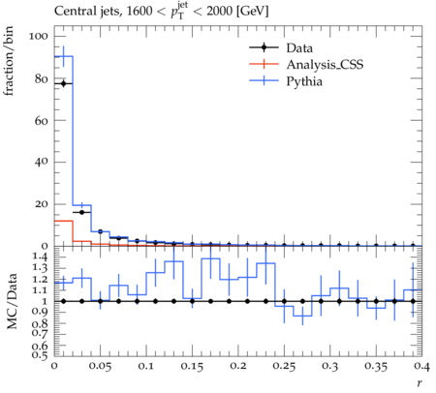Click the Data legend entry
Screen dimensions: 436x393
[x=281, y=47]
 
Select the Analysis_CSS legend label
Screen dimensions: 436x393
[x=325, y=65]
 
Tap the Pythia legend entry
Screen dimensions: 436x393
[x=286, y=81]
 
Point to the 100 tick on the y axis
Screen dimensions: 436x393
[x=38, y=36]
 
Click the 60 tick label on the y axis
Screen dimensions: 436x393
[x=41, y=120]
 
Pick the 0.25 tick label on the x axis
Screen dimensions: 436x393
[x=284, y=367]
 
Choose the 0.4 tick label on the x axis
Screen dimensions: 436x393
[x=421, y=367]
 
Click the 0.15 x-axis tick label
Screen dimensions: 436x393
[x=192, y=367]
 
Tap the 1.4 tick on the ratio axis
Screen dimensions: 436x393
[x=40, y=257]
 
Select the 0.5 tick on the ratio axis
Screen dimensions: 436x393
[x=40, y=355]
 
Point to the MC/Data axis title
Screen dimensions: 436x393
[x=12, y=301]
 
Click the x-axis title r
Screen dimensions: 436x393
[x=420, y=383]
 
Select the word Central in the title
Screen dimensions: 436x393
[x=71, y=11]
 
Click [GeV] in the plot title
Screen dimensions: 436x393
[x=252, y=12]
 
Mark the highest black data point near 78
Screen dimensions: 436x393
[x=63, y=83]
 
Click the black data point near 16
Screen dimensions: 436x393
[x=81, y=212]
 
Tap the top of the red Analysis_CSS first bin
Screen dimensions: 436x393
[x=64, y=221]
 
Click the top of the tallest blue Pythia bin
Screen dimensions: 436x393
[x=64, y=56]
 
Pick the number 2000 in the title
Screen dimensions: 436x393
[x=219, y=11]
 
